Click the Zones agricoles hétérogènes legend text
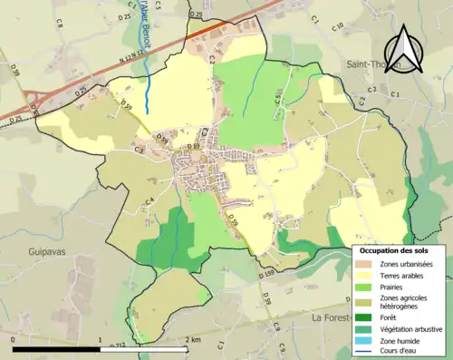[x=404, y=302]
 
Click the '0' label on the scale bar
[x=14, y=340]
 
